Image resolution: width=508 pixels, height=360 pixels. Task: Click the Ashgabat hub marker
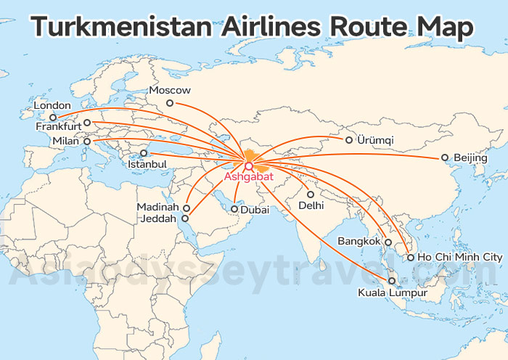coord(249,165)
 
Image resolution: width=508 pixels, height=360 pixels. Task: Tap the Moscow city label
coord(169,91)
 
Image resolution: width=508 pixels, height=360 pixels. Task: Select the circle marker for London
coord(53,118)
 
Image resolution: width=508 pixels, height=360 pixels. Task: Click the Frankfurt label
coord(59,126)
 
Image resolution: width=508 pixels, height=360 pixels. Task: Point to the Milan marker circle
coord(88,142)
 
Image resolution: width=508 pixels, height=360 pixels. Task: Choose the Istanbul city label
coord(147,165)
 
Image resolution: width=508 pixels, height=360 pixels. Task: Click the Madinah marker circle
coord(187,208)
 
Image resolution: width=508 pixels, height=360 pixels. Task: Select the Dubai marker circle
coord(234,209)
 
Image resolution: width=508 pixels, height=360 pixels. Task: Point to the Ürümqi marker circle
coord(349,140)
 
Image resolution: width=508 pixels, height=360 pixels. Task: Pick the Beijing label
coord(470,157)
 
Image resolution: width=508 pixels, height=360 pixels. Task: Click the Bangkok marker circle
coord(388,242)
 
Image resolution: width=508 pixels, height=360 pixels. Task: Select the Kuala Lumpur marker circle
coord(392,281)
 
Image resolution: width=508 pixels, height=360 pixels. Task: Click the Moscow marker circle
coord(170,103)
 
